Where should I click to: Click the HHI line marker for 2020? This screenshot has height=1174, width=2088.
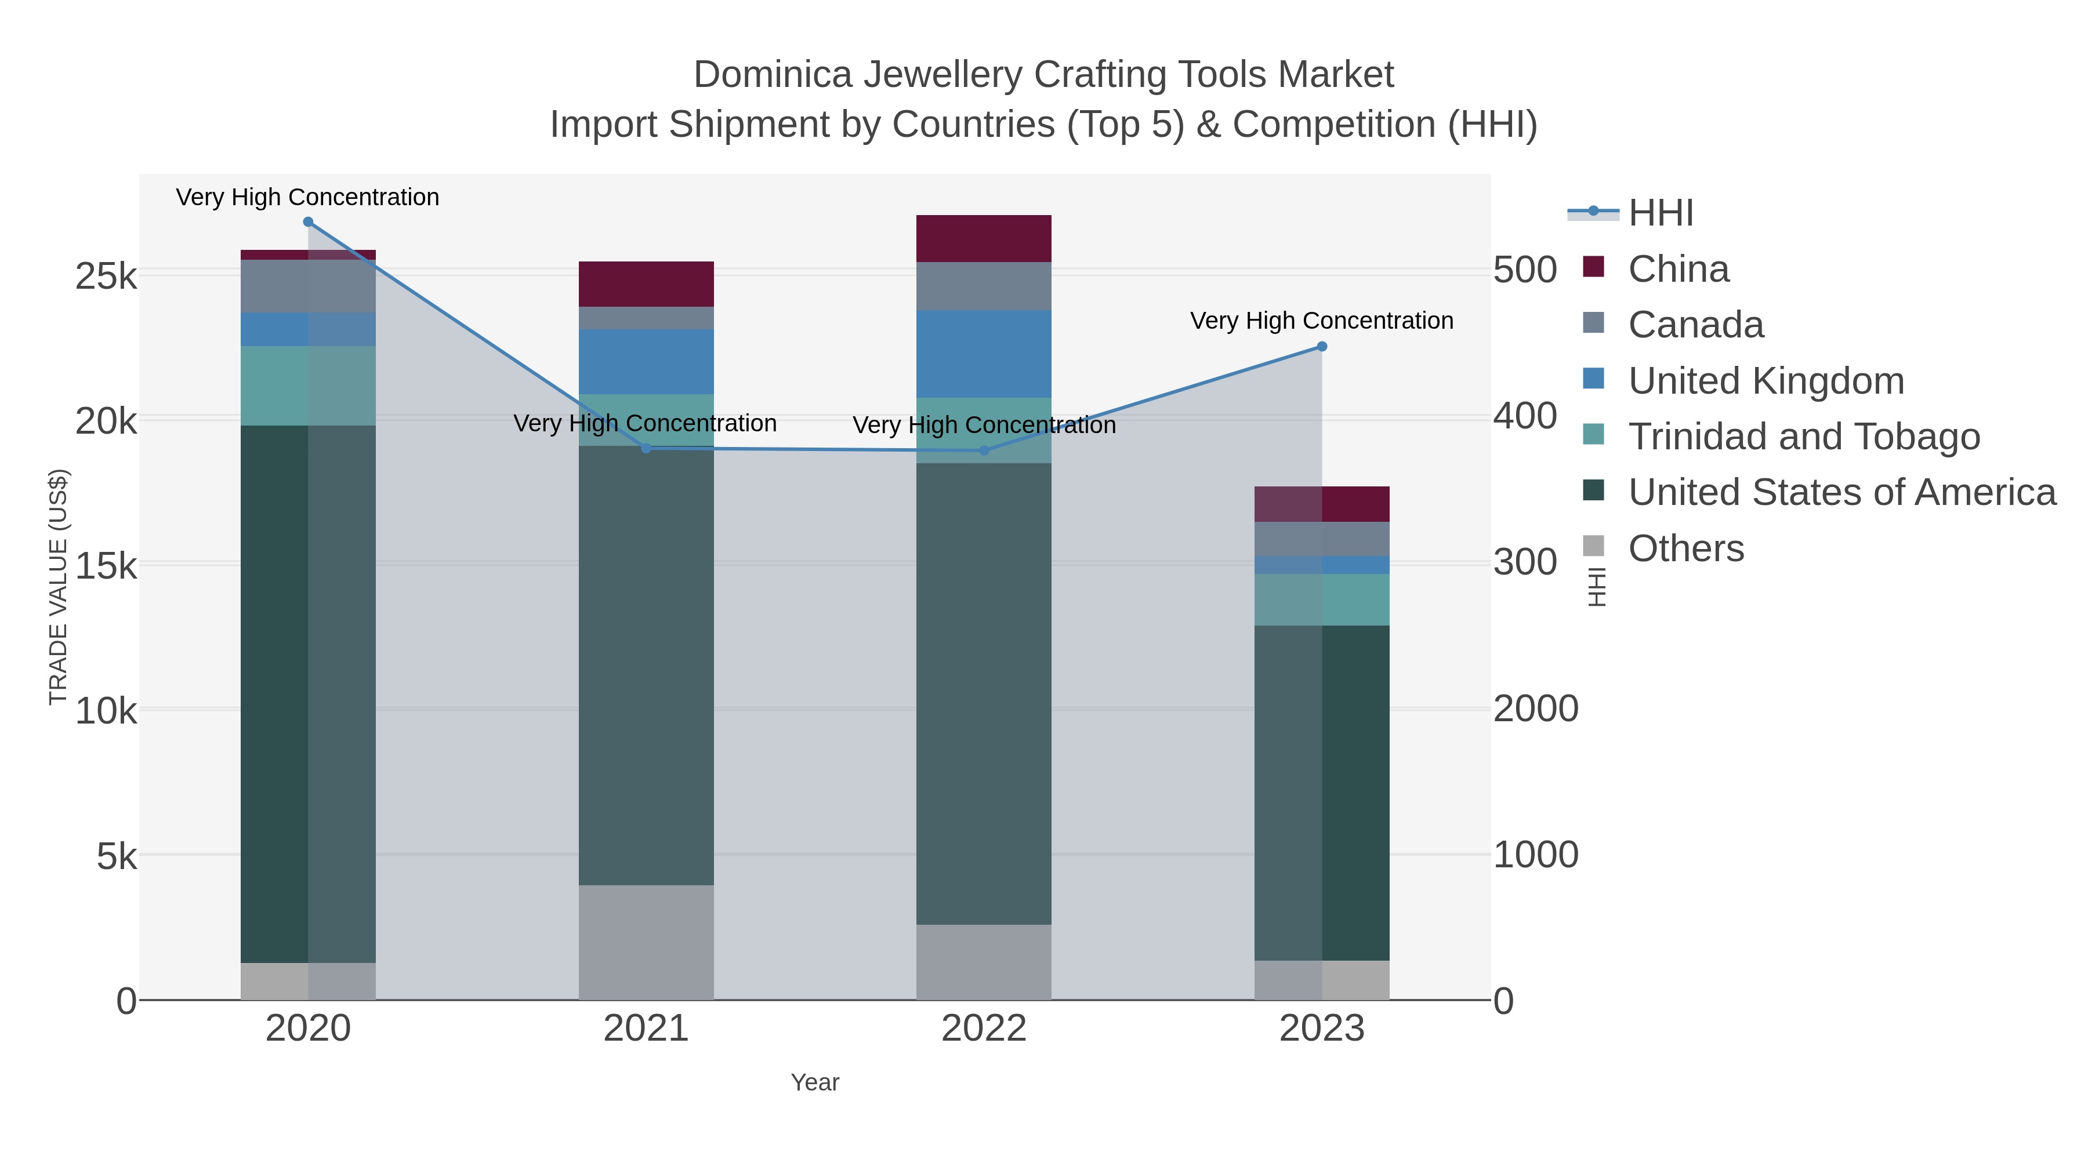(x=308, y=222)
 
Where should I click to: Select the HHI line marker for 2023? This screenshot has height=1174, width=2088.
(x=1322, y=347)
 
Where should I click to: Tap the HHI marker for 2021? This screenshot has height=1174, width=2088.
(x=646, y=448)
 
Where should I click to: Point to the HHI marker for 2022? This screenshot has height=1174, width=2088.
(x=984, y=450)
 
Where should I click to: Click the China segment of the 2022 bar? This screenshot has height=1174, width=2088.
(x=984, y=239)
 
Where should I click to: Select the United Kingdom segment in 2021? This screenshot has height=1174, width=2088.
(x=646, y=361)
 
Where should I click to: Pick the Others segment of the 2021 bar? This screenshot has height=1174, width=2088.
(x=646, y=942)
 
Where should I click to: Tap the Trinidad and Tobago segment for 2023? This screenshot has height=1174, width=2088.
(x=1322, y=599)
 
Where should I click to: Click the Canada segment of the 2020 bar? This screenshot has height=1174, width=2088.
(x=308, y=286)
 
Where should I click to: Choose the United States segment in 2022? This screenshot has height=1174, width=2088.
(x=984, y=693)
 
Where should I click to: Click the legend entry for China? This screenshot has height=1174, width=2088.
(x=1678, y=269)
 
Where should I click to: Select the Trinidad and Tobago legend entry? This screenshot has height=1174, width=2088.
(x=1803, y=437)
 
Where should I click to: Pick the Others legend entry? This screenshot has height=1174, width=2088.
(x=1686, y=548)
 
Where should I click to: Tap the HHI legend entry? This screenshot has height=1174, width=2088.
(x=1660, y=213)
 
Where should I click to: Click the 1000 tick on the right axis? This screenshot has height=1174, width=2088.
(x=1536, y=855)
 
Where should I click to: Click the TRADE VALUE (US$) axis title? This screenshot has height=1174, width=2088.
(x=59, y=587)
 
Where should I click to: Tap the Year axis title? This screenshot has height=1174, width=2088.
(x=815, y=1082)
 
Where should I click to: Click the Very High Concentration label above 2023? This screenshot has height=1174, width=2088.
(x=1322, y=321)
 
